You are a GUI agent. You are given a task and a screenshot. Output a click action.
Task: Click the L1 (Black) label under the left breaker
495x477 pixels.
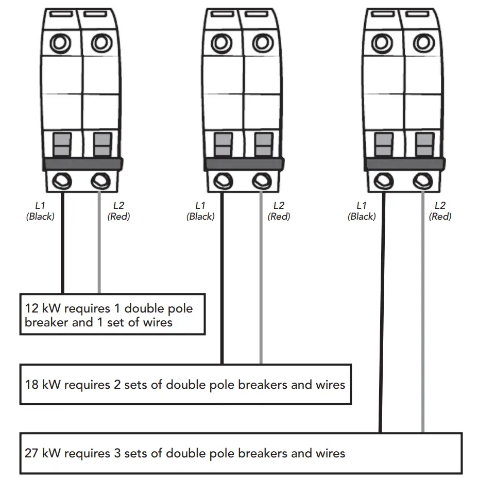40,211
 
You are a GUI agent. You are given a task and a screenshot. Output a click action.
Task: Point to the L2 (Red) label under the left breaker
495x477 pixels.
118,211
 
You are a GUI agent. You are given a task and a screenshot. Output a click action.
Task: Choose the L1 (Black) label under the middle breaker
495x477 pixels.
200,211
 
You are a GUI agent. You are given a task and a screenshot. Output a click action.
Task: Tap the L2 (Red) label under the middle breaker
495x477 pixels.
279,211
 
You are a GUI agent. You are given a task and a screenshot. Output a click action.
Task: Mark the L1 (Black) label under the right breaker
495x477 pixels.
362,211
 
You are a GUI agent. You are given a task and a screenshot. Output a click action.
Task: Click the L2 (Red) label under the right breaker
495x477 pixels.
440,211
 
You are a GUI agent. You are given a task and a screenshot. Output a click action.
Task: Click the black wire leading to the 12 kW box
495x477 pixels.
62,242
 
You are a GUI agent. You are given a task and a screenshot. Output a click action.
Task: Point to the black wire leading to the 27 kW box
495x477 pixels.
382,309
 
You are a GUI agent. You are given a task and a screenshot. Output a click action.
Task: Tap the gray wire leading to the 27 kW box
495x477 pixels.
423,309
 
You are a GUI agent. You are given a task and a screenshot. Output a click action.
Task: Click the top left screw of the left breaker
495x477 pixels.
60,44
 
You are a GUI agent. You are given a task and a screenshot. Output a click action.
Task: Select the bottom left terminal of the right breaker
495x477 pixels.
383,181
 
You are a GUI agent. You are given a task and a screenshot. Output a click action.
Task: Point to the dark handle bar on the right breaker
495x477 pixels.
403,164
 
